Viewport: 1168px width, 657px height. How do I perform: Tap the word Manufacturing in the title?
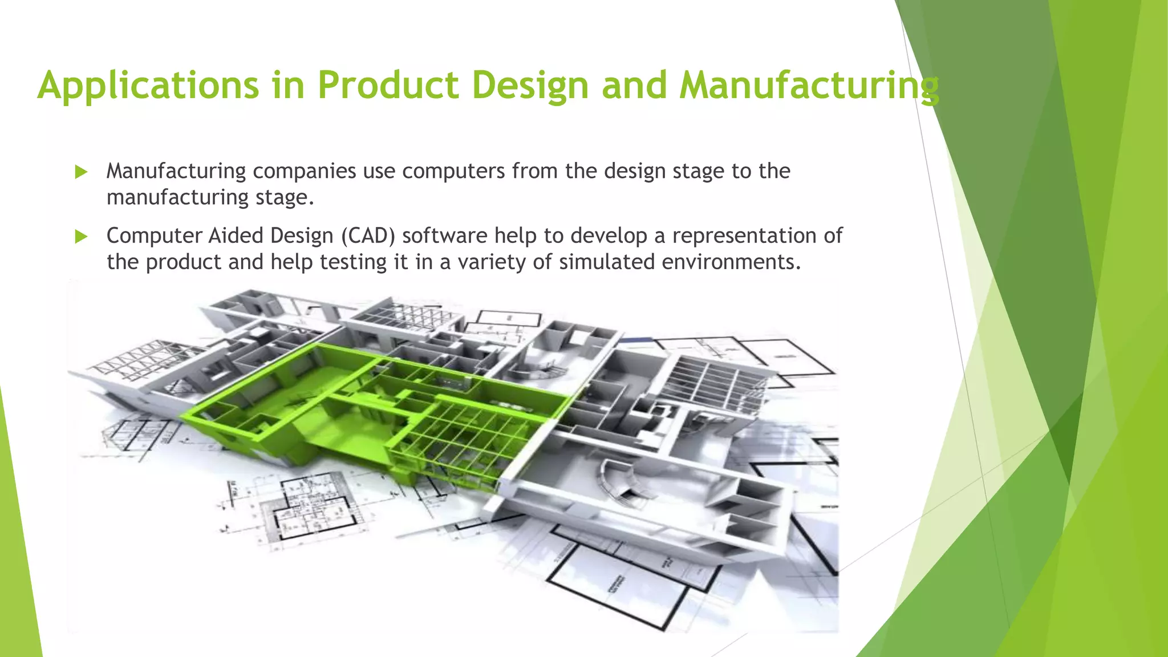pos(808,86)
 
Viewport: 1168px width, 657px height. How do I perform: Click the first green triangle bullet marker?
pos(81,172)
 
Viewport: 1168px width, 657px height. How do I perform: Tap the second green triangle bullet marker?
pos(81,237)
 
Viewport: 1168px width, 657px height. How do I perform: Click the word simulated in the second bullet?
pos(606,262)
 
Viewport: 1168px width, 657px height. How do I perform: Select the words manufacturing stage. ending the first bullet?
pos(210,197)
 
